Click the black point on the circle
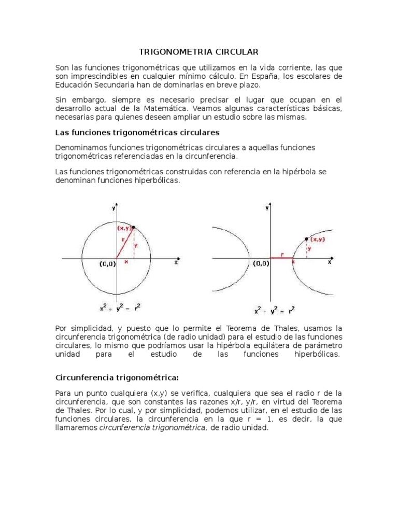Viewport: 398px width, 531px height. [x=134, y=227]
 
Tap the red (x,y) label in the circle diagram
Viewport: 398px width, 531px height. [x=123, y=228]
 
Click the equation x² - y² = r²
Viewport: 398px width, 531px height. [x=274, y=311]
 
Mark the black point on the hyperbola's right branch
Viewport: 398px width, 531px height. [x=306, y=239]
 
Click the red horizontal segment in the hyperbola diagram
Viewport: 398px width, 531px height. [x=281, y=258]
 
